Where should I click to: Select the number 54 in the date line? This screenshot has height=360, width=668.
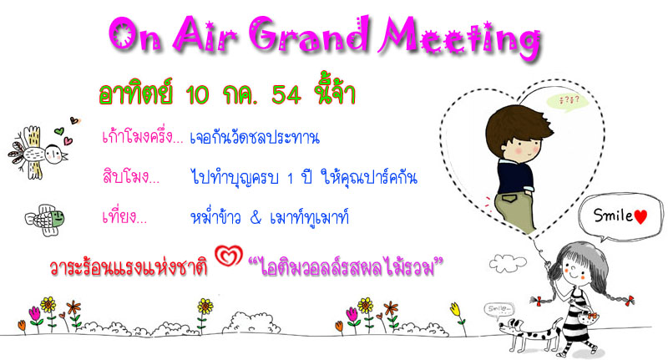(286, 94)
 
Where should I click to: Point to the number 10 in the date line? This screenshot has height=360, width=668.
(197, 94)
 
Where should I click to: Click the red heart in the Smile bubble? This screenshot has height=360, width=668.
(640, 216)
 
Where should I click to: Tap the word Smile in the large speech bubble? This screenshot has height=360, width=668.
(613, 215)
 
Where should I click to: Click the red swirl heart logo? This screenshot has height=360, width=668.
(229, 256)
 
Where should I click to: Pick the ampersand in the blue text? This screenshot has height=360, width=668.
(256, 218)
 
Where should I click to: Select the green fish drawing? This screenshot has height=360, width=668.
(45, 220)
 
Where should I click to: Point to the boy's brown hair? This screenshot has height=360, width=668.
(516, 124)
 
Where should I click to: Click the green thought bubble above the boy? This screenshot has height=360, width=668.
(568, 101)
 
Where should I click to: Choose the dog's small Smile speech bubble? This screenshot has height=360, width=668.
(498, 309)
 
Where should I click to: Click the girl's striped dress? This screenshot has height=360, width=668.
(576, 315)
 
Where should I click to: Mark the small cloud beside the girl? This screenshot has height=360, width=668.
(508, 263)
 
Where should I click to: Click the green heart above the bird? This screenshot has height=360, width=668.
(59, 131)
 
